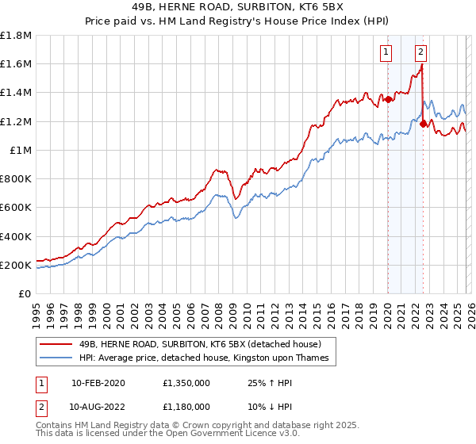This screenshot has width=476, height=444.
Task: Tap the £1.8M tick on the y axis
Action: tap(16, 36)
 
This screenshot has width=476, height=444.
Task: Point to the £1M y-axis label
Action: tap(20, 151)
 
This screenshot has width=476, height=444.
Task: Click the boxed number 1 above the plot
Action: tap(386, 53)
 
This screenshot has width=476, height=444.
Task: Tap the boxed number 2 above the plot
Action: tap(420, 53)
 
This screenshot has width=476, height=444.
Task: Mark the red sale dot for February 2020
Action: tap(388, 99)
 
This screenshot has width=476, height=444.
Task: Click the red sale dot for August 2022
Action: tap(423, 124)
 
